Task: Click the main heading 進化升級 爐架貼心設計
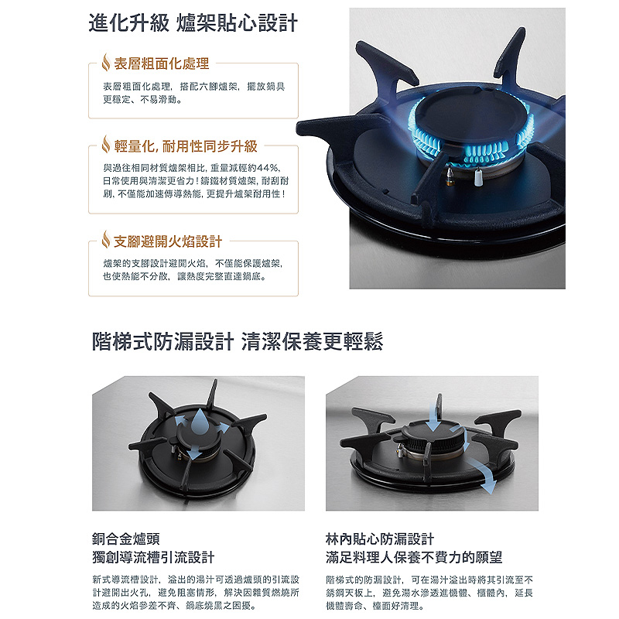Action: tap(193, 22)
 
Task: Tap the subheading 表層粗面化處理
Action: tap(162, 63)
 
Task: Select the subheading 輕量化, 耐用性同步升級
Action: tap(186, 145)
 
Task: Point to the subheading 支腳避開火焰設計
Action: tap(168, 241)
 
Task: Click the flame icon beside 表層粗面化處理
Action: tap(107, 62)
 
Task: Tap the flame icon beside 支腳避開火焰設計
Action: tap(107, 241)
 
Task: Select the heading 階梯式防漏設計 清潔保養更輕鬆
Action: tap(237, 341)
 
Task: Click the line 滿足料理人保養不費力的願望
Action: tap(414, 557)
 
